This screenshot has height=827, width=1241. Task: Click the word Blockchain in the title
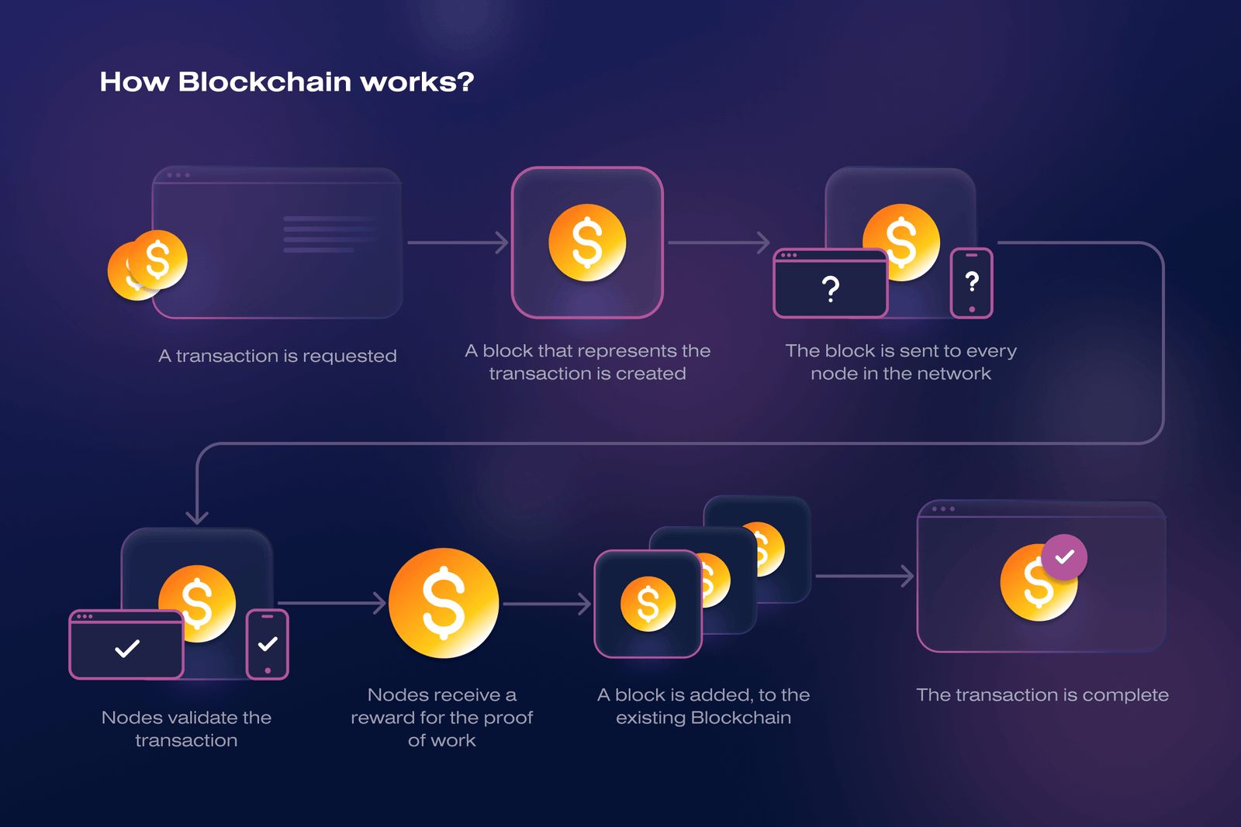pos(264,81)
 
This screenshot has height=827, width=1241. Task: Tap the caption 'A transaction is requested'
pos(278,356)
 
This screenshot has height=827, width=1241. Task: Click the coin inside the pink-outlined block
pos(587,243)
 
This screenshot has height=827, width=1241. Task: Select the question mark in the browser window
pos(831,289)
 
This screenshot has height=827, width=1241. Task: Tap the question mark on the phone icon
pos(972,281)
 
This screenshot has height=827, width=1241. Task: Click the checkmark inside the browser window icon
pos(127,648)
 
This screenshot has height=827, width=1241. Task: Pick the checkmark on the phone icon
pos(268,643)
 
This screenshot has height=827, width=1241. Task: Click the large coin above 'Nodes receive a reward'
pos(444,603)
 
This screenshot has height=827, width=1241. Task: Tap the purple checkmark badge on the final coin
pos(1064,557)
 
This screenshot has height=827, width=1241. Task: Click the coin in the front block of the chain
pos(648,604)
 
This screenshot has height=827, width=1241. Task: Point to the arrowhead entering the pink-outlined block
pos(503,243)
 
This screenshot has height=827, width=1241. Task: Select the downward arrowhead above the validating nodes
pos(197,516)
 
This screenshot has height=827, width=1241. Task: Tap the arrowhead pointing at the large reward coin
pos(379,603)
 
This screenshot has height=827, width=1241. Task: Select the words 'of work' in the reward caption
pos(441,740)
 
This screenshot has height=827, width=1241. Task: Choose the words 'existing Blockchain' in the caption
pos(703,718)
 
